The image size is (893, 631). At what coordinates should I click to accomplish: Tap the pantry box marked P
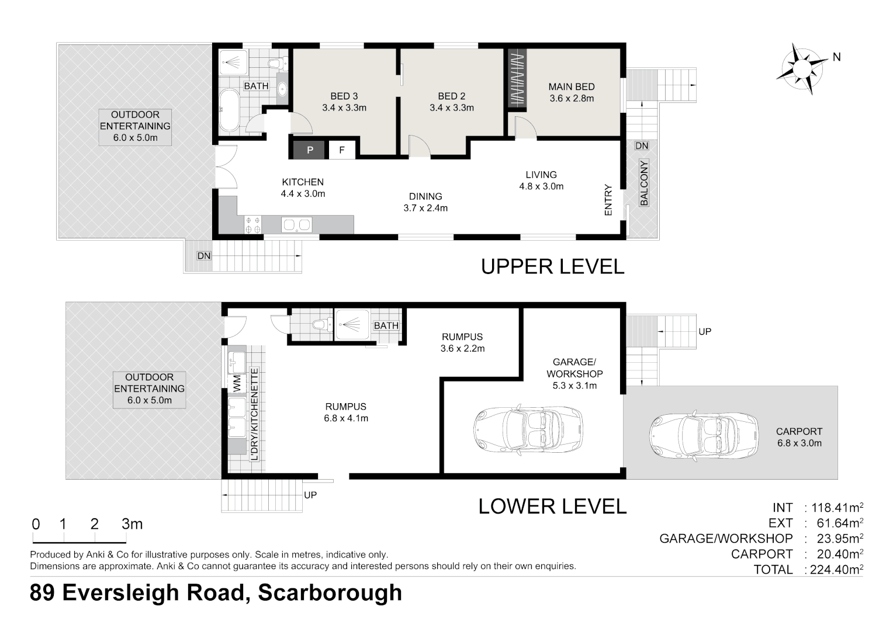(x=310, y=150)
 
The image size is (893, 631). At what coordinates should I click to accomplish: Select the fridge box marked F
(x=342, y=150)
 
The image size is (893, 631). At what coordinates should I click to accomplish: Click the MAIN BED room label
(x=571, y=86)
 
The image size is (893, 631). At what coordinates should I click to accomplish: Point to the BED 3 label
(x=344, y=96)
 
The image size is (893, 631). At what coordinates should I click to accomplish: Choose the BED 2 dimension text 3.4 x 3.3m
(x=451, y=108)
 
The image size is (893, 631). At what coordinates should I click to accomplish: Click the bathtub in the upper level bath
(x=229, y=110)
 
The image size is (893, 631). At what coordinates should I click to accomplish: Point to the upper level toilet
(x=275, y=63)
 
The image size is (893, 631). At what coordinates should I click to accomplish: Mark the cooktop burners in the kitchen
(x=253, y=224)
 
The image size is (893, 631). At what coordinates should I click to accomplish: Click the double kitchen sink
(x=297, y=224)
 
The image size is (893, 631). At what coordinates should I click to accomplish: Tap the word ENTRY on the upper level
(x=608, y=200)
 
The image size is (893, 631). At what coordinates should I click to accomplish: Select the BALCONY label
(x=643, y=183)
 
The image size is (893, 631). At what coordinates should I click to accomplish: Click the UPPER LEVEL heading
(x=552, y=266)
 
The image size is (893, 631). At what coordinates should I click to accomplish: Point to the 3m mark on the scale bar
(x=132, y=524)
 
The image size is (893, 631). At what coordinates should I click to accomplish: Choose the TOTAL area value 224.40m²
(x=834, y=570)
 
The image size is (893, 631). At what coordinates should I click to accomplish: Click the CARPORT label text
(x=799, y=431)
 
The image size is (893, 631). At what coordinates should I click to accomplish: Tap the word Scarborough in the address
(x=330, y=592)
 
